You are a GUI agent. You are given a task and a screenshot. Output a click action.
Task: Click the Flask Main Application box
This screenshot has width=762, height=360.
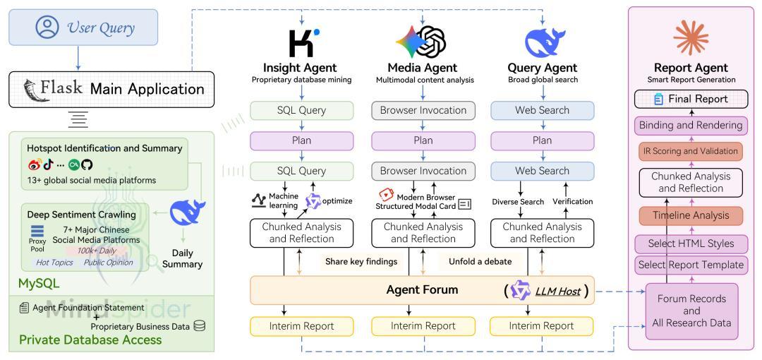pyautogui.click(x=111, y=89)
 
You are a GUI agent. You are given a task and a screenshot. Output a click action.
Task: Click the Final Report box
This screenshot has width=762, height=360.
pyautogui.click(x=691, y=99)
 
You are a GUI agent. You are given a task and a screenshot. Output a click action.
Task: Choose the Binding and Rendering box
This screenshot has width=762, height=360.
pyautogui.click(x=691, y=126)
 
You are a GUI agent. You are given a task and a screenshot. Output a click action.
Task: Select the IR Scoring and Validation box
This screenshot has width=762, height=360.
pyautogui.click(x=691, y=151)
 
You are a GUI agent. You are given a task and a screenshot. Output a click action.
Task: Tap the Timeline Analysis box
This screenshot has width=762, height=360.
pyautogui.click(x=691, y=215)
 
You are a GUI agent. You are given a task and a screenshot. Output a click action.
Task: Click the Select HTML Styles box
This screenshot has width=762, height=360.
pyautogui.click(x=691, y=244)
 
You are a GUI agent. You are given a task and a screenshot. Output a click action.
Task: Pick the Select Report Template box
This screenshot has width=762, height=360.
pyautogui.click(x=691, y=265)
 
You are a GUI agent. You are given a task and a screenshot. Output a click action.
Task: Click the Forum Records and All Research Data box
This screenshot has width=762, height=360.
pyautogui.click(x=691, y=311)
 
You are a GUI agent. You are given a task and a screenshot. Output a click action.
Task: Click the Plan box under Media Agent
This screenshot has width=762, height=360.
pyautogui.click(x=423, y=140)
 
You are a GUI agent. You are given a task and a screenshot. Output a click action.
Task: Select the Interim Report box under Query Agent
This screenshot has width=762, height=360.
pyautogui.click(x=542, y=326)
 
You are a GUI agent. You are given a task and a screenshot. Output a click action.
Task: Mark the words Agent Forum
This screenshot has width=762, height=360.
pyautogui.click(x=422, y=290)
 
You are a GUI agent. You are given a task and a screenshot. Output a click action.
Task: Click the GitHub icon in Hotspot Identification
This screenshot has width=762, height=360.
pyautogui.click(x=87, y=165)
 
